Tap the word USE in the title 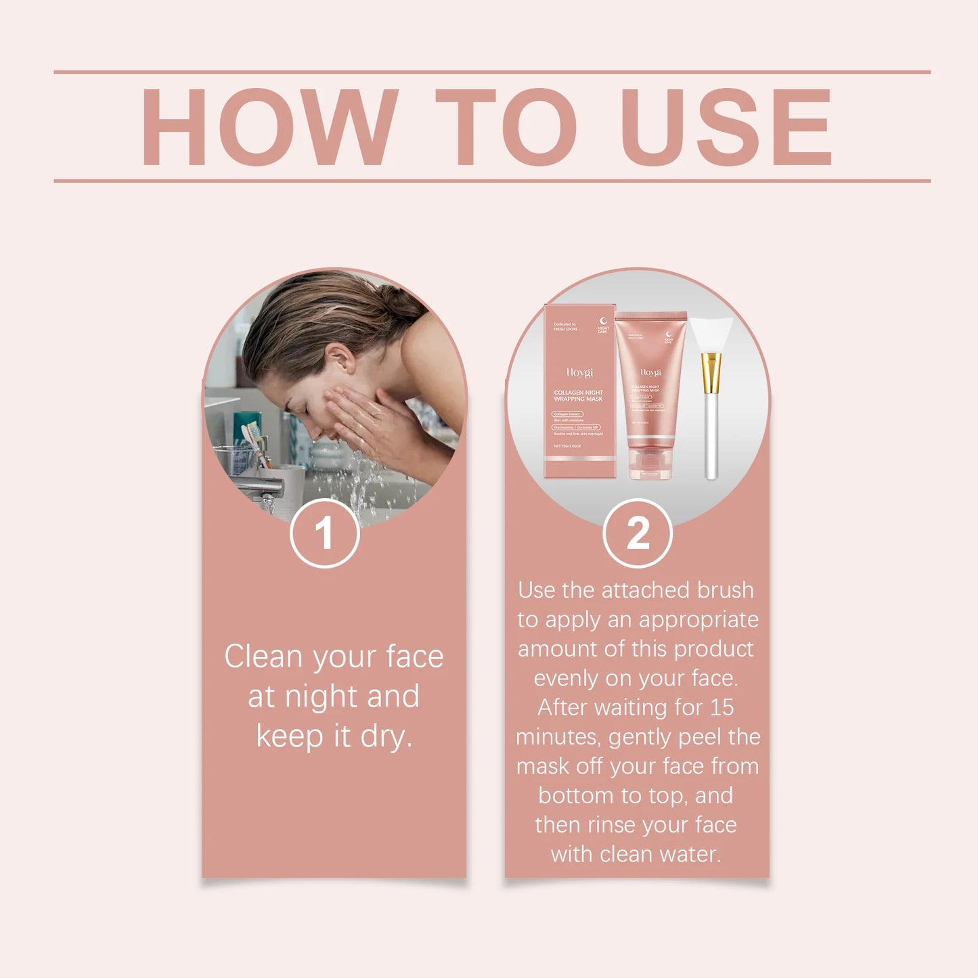tap(726, 127)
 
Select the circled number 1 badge tap(324, 533)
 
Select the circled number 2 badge tap(637, 533)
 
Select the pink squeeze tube tap(650, 386)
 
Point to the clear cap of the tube tap(650, 464)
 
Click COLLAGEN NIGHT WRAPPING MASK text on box tap(578, 396)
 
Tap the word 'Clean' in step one tap(263, 657)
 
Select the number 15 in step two tap(721, 707)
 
